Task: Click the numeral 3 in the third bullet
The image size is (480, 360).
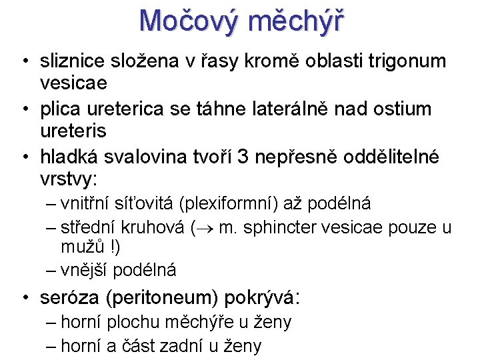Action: pyautogui.click(x=243, y=156)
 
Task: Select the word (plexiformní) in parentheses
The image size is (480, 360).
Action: pyautogui.click(x=231, y=203)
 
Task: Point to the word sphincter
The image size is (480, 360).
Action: pyautogui.click(x=283, y=228)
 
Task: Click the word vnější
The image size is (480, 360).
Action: pyautogui.click(x=84, y=270)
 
